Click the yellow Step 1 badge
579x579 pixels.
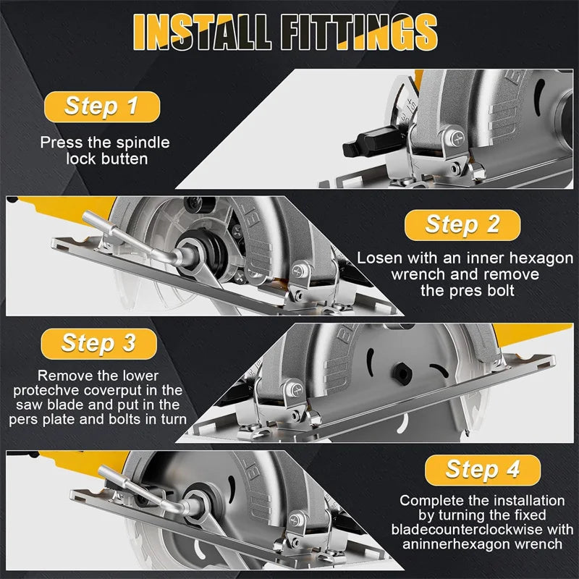tap(101, 106)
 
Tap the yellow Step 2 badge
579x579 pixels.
tap(462, 224)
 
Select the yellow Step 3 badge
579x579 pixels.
tap(99, 342)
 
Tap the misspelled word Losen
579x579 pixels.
tap(381, 258)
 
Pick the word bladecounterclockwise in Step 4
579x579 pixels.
tap(473, 529)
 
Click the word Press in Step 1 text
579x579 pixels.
tap(59, 143)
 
